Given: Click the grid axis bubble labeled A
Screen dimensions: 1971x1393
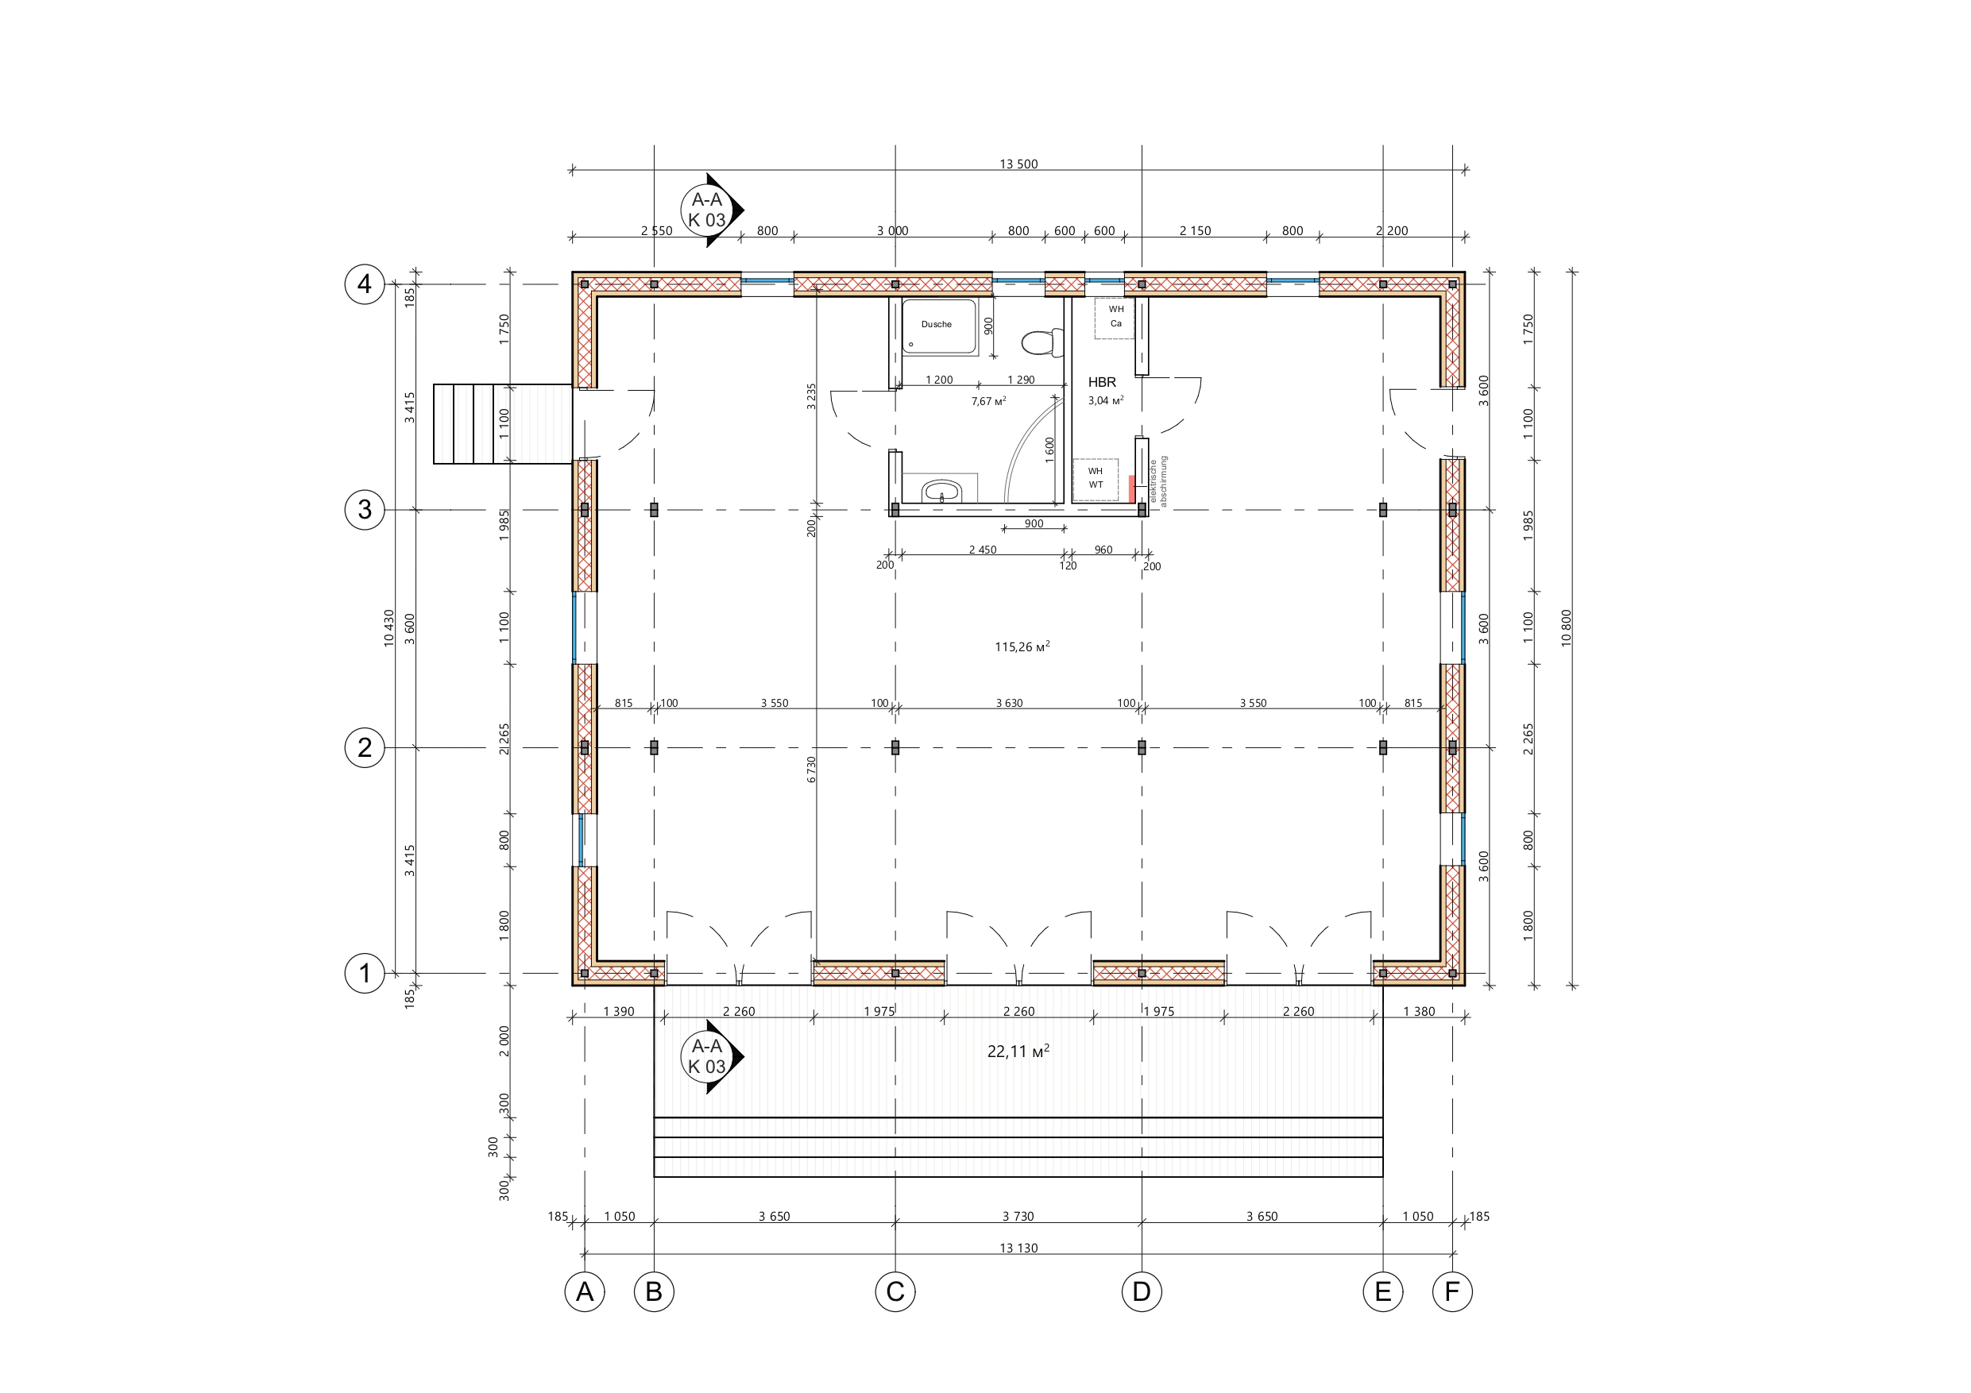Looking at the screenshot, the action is pyautogui.click(x=585, y=1291).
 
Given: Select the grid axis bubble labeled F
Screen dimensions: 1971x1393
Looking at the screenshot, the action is pyautogui.click(x=1452, y=1291).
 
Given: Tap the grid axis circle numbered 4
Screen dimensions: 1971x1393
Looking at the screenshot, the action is pyautogui.click(x=365, y=284).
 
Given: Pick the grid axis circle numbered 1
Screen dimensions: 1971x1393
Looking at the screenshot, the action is pyautogui.click(x=365, y=974).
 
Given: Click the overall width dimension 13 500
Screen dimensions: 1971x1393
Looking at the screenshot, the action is pyautogui.click(x=1018, y=164).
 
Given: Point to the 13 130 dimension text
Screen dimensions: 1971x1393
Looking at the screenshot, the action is pyautogui.click(x=1018, y=1248).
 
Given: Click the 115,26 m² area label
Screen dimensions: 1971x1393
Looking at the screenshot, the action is pyautogui.click(x=1022, y=646).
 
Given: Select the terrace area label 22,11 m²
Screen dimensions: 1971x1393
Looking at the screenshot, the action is pyautogui.click(x=1018, y=1052).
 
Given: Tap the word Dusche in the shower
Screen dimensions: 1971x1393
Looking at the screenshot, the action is pyautogui.click(x=937, y=325).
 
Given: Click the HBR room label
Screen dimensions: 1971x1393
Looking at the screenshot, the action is pyautogui.click(x=1102, y=382).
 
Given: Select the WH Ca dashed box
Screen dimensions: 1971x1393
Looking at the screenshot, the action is pyautogui.click(x=1115, y=318).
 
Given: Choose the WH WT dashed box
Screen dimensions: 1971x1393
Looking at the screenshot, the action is pyautogui.click(x=1096, y=479).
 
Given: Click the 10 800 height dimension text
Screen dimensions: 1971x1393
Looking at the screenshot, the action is pyautogui.click(x=1566, y=627).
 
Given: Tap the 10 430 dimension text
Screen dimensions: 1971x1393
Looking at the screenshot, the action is pyautogui.click(x=389, y=627).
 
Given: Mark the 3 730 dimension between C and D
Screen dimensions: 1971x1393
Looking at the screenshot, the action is pyautogui.click(x=1018, y=1216).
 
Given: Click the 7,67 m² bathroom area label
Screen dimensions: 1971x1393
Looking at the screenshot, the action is pyautogui.click(x=989, y=401).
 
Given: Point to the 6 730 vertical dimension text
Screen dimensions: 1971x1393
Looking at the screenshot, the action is pyautogui.click(x=811, y=769).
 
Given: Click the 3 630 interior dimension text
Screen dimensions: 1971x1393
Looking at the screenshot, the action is pyautogui.click(x=1010, y=703).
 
